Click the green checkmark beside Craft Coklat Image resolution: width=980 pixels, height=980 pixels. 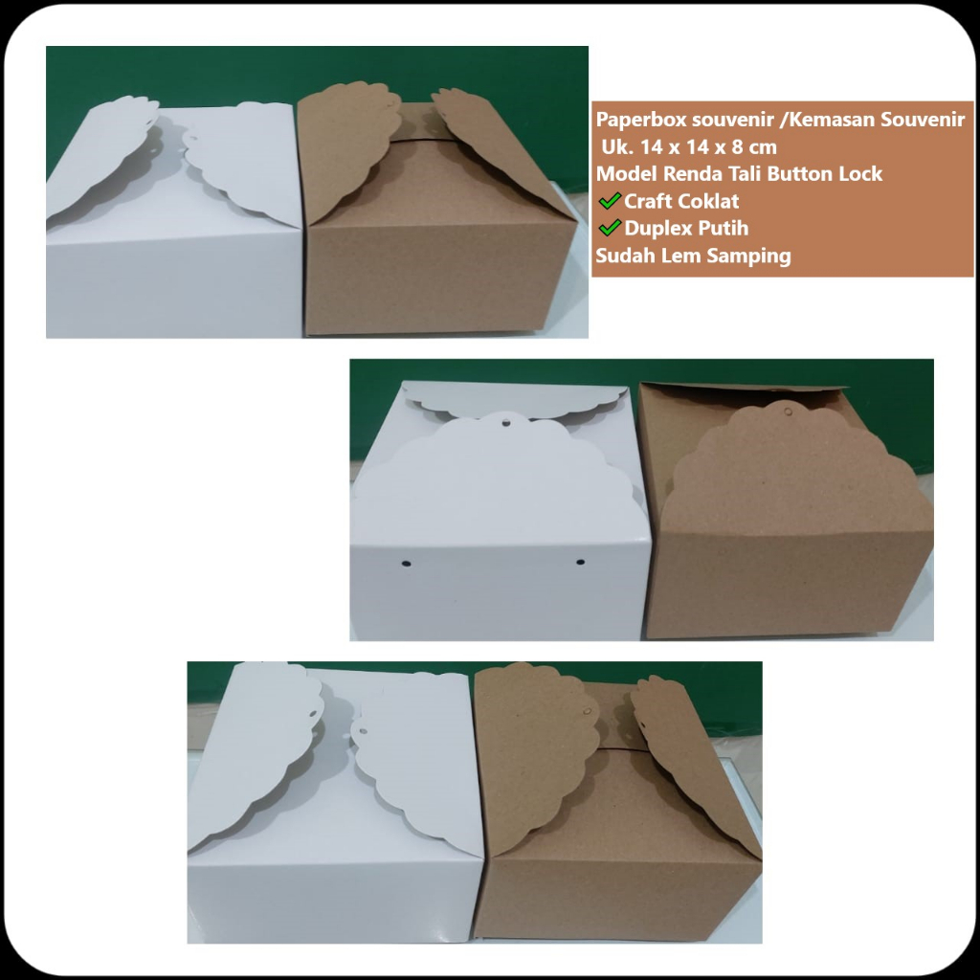610,201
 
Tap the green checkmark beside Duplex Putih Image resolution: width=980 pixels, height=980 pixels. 610,228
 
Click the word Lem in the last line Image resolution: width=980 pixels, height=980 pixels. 675,256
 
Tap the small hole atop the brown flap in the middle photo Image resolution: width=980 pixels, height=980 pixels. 787,412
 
